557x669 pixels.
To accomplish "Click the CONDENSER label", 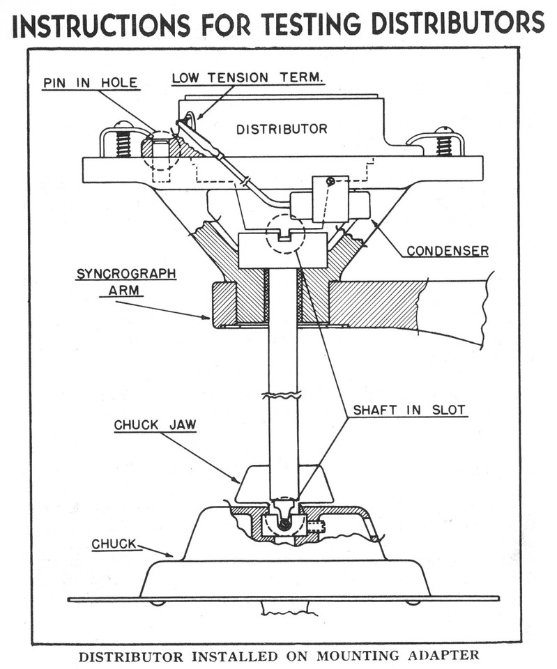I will [x=448, y=250].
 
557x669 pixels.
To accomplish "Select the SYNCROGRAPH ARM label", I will [x=125, y=282].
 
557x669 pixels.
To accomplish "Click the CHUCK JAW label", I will [x=155, y=424].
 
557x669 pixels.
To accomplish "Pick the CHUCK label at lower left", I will [x=114, y=543].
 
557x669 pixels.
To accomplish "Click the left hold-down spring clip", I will [x=119, y=142].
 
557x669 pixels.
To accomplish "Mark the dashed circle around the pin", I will [x=160, y=148].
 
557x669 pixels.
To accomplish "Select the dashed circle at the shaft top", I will [x=285, y=233].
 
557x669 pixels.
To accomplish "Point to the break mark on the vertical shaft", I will [x=283, y=394].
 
